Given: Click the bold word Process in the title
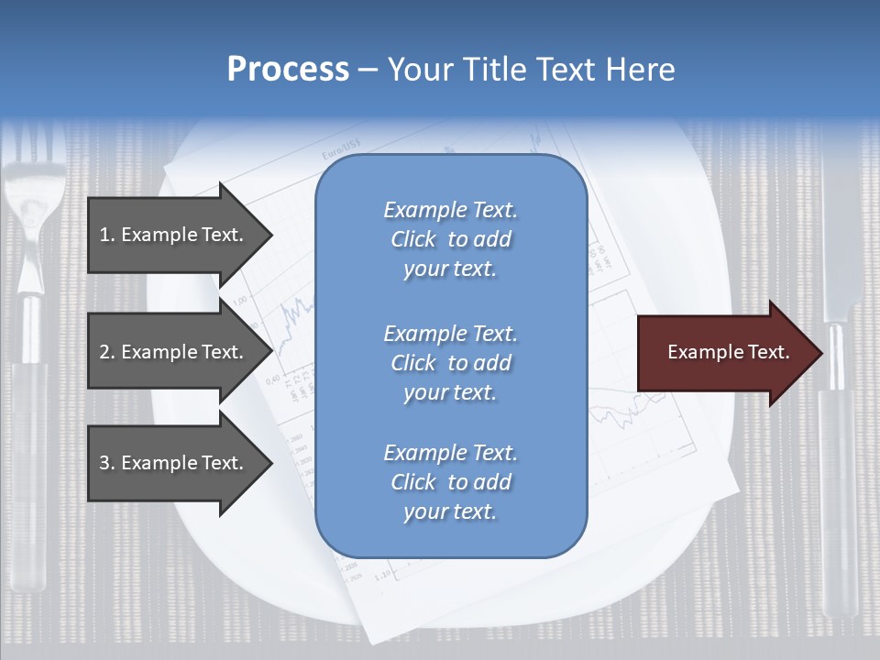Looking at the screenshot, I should [x=288, y=70].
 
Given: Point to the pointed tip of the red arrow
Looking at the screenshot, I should [x=820, y=353].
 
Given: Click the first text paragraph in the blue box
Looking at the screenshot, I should [x=450, y=239].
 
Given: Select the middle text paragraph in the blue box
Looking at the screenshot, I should [x=450, y=363].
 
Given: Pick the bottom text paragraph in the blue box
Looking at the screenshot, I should [x=450, y=482].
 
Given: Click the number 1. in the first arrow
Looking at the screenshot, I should [x=107, y=235].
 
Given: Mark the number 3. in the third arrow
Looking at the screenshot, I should [x=107, y=463].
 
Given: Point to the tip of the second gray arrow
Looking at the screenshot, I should [x=271, y=352].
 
